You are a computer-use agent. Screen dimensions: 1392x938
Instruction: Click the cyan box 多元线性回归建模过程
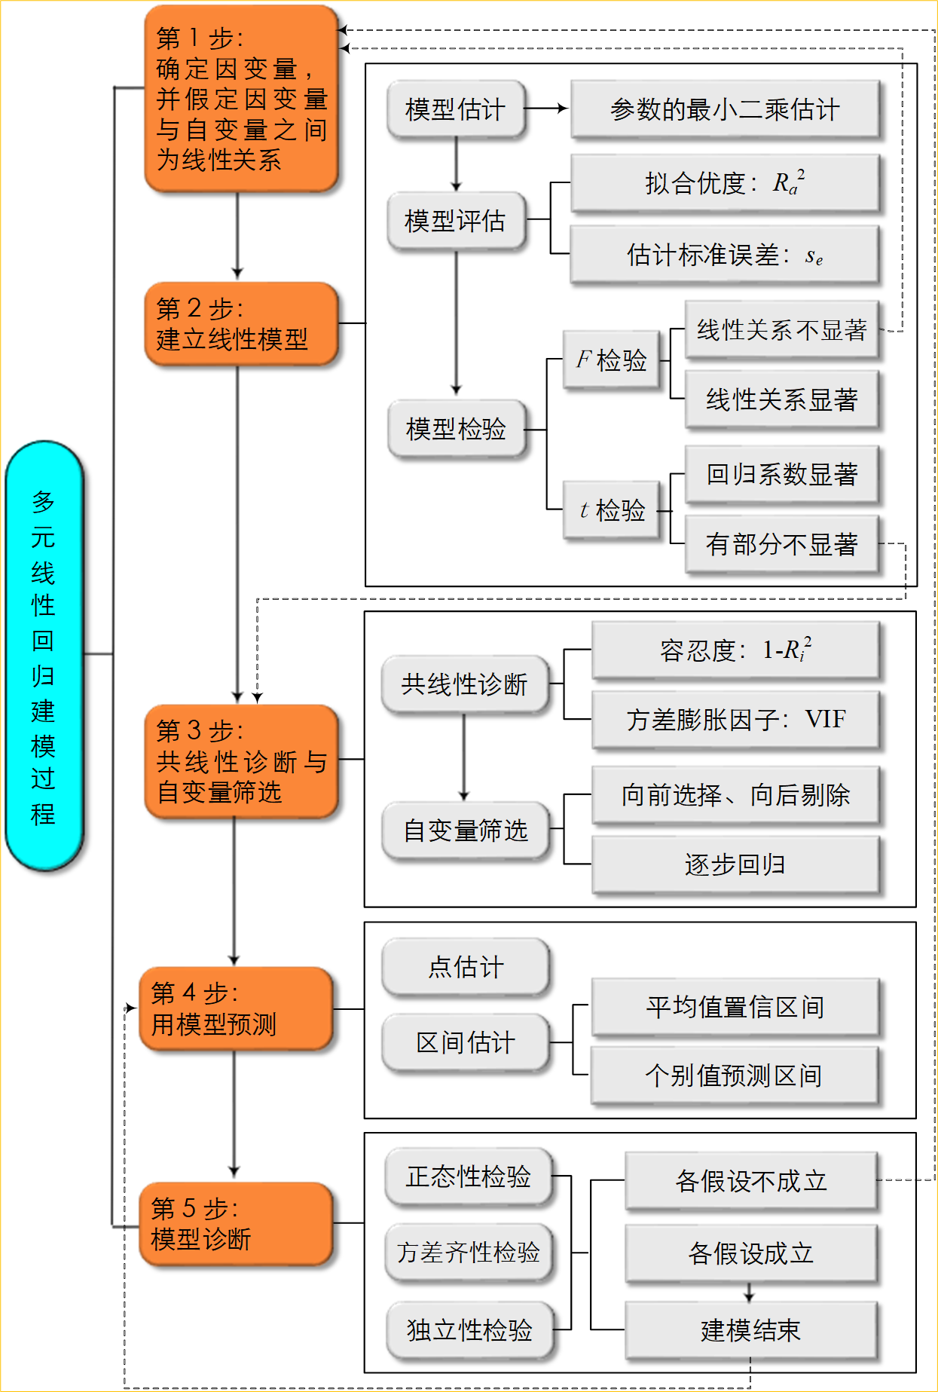point(44,656)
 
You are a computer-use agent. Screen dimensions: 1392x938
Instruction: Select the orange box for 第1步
point(240,99)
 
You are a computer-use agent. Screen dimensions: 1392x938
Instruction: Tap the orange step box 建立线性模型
point(240,324)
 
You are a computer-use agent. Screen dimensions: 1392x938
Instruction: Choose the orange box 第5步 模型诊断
point(236,1223)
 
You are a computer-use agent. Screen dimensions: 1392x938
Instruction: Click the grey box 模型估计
point(455,110)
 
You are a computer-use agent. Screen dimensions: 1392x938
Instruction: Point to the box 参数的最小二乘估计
point(725,110)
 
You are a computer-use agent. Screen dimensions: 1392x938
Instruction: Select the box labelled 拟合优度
point(725,183)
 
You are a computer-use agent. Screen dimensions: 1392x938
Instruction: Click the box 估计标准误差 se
point(725,255)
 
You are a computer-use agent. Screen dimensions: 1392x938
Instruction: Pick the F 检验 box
point(611,360)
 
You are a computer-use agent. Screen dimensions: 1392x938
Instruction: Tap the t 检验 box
point(611,511)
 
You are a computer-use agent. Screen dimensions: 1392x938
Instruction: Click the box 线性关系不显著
point(781,330)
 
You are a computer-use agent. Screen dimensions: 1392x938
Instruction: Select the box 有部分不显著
point(781,544)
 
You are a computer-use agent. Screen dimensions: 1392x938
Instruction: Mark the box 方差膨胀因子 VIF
point(735,720)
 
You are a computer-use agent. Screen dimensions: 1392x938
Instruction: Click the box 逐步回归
point(735,864)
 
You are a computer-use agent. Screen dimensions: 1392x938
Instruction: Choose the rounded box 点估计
point(466,967)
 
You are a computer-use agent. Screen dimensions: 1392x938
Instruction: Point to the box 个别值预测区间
point(735,1075)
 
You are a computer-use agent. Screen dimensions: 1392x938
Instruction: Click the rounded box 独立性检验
point(469,1330)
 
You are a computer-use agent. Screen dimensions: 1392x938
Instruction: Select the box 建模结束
point(750,1330)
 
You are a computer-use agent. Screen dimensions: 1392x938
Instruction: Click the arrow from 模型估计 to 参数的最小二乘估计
point(546,109)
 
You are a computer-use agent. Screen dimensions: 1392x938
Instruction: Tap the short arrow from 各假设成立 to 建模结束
point(749,1293)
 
